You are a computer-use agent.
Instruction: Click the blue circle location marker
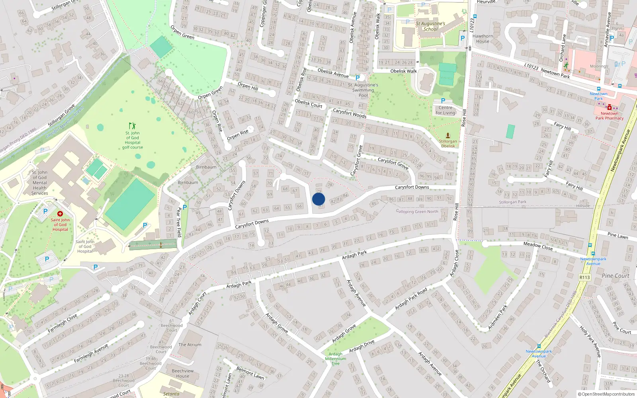[318, 199]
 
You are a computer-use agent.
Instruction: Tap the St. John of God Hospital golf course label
[133, 140]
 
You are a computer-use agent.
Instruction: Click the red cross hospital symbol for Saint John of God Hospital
[60, 214]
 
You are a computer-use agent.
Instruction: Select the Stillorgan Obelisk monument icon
[448, 135]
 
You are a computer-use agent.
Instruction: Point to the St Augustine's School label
[430, 26]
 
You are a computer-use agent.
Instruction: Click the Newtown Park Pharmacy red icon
[609, 107]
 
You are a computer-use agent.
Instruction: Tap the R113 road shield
[584, 277]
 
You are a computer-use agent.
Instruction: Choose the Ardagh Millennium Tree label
[335, 359]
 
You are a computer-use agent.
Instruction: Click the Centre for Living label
[445, 110]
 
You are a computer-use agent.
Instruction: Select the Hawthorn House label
[483, 39]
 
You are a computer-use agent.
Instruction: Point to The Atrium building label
[190, 345]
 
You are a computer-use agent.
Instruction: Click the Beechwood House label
[183, 373]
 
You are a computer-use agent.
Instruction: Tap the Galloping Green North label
[417, 211]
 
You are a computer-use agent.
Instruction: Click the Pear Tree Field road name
[179, 222]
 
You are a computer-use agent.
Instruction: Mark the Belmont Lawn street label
[250, 373]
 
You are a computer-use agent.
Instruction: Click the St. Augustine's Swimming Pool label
[363, 90]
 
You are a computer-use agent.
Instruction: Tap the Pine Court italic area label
[616, 276]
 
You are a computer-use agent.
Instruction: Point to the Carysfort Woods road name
[350, 113]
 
